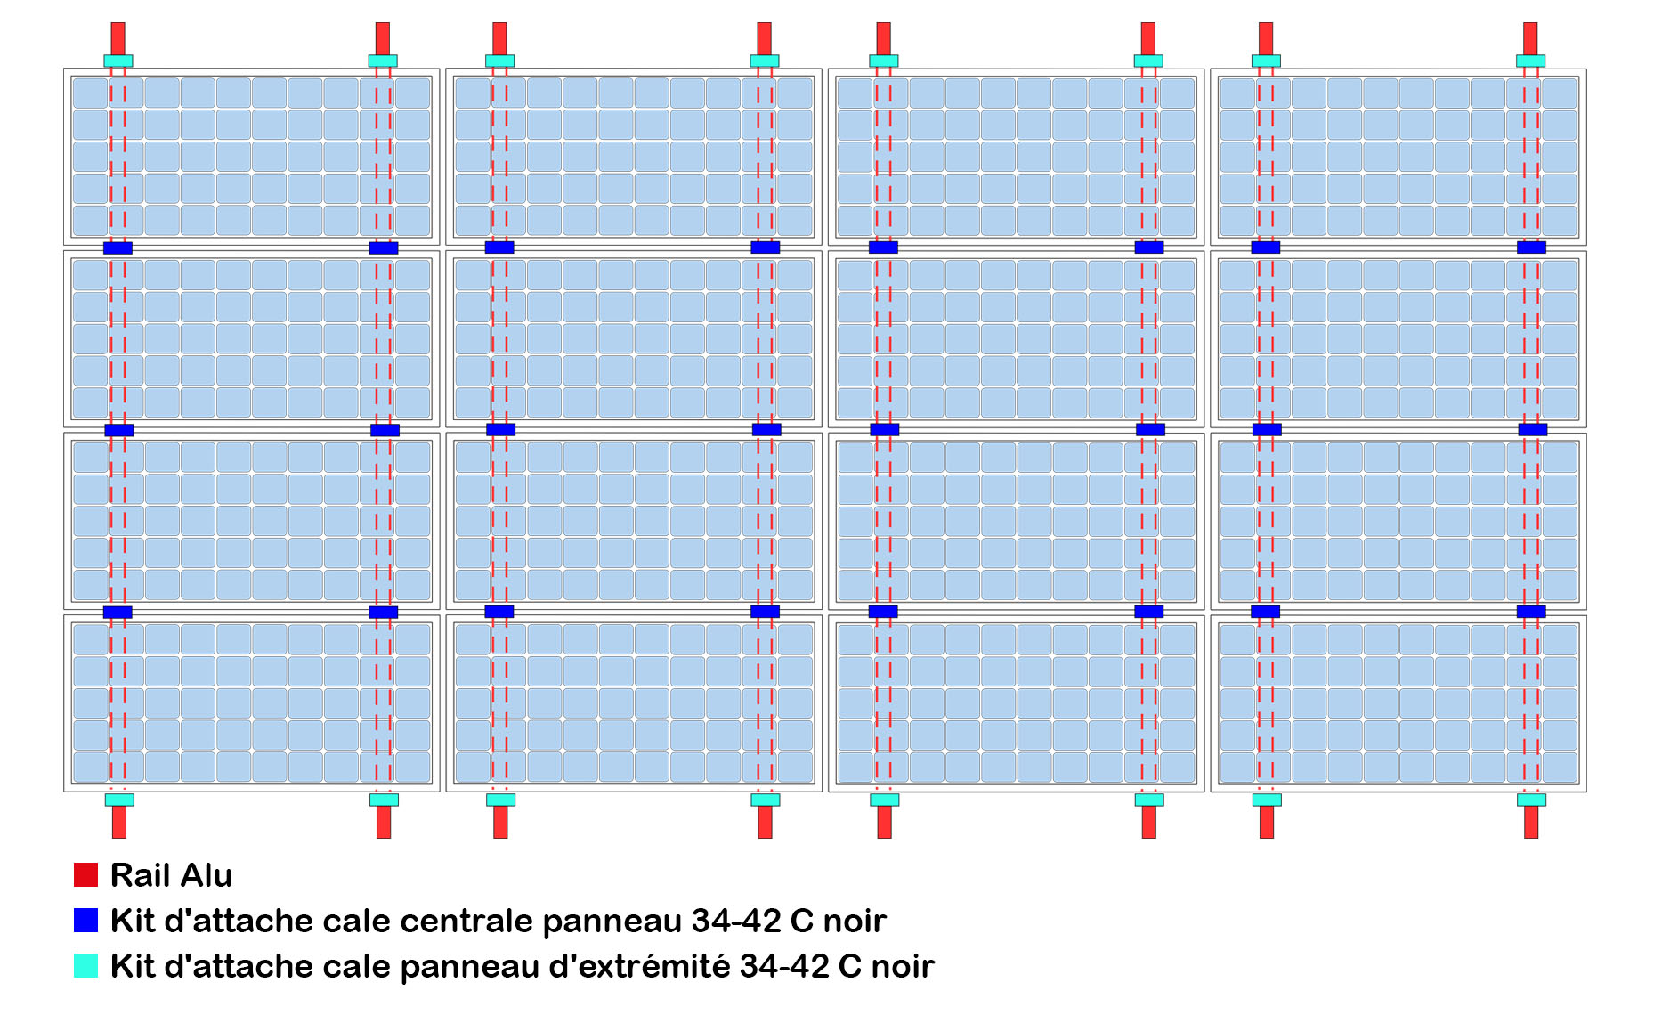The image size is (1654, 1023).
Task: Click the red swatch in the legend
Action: point(85,875)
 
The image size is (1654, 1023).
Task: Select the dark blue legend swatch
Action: point(85,921)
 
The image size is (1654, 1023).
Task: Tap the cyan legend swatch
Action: point(85,966)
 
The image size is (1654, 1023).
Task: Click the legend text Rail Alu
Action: point(171,875)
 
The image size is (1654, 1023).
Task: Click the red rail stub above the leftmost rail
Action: point(118,38)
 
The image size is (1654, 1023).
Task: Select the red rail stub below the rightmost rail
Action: point(1531,822)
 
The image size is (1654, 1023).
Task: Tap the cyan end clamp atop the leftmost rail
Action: point(118,61)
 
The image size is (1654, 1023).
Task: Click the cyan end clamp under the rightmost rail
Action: point(1531,800)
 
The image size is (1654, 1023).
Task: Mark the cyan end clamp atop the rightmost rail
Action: point(1530,61)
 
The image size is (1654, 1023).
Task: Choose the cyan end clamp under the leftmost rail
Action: point(119,800)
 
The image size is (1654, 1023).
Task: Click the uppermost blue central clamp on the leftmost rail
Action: point(118,248)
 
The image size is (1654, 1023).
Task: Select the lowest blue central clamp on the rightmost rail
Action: point(1531,612)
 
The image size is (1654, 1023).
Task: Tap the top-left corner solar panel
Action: point(251,157)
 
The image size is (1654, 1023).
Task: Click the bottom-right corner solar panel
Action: point(1398,703)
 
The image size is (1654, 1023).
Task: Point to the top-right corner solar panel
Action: point(1398,157)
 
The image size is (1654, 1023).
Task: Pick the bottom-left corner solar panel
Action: point(251,703)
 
